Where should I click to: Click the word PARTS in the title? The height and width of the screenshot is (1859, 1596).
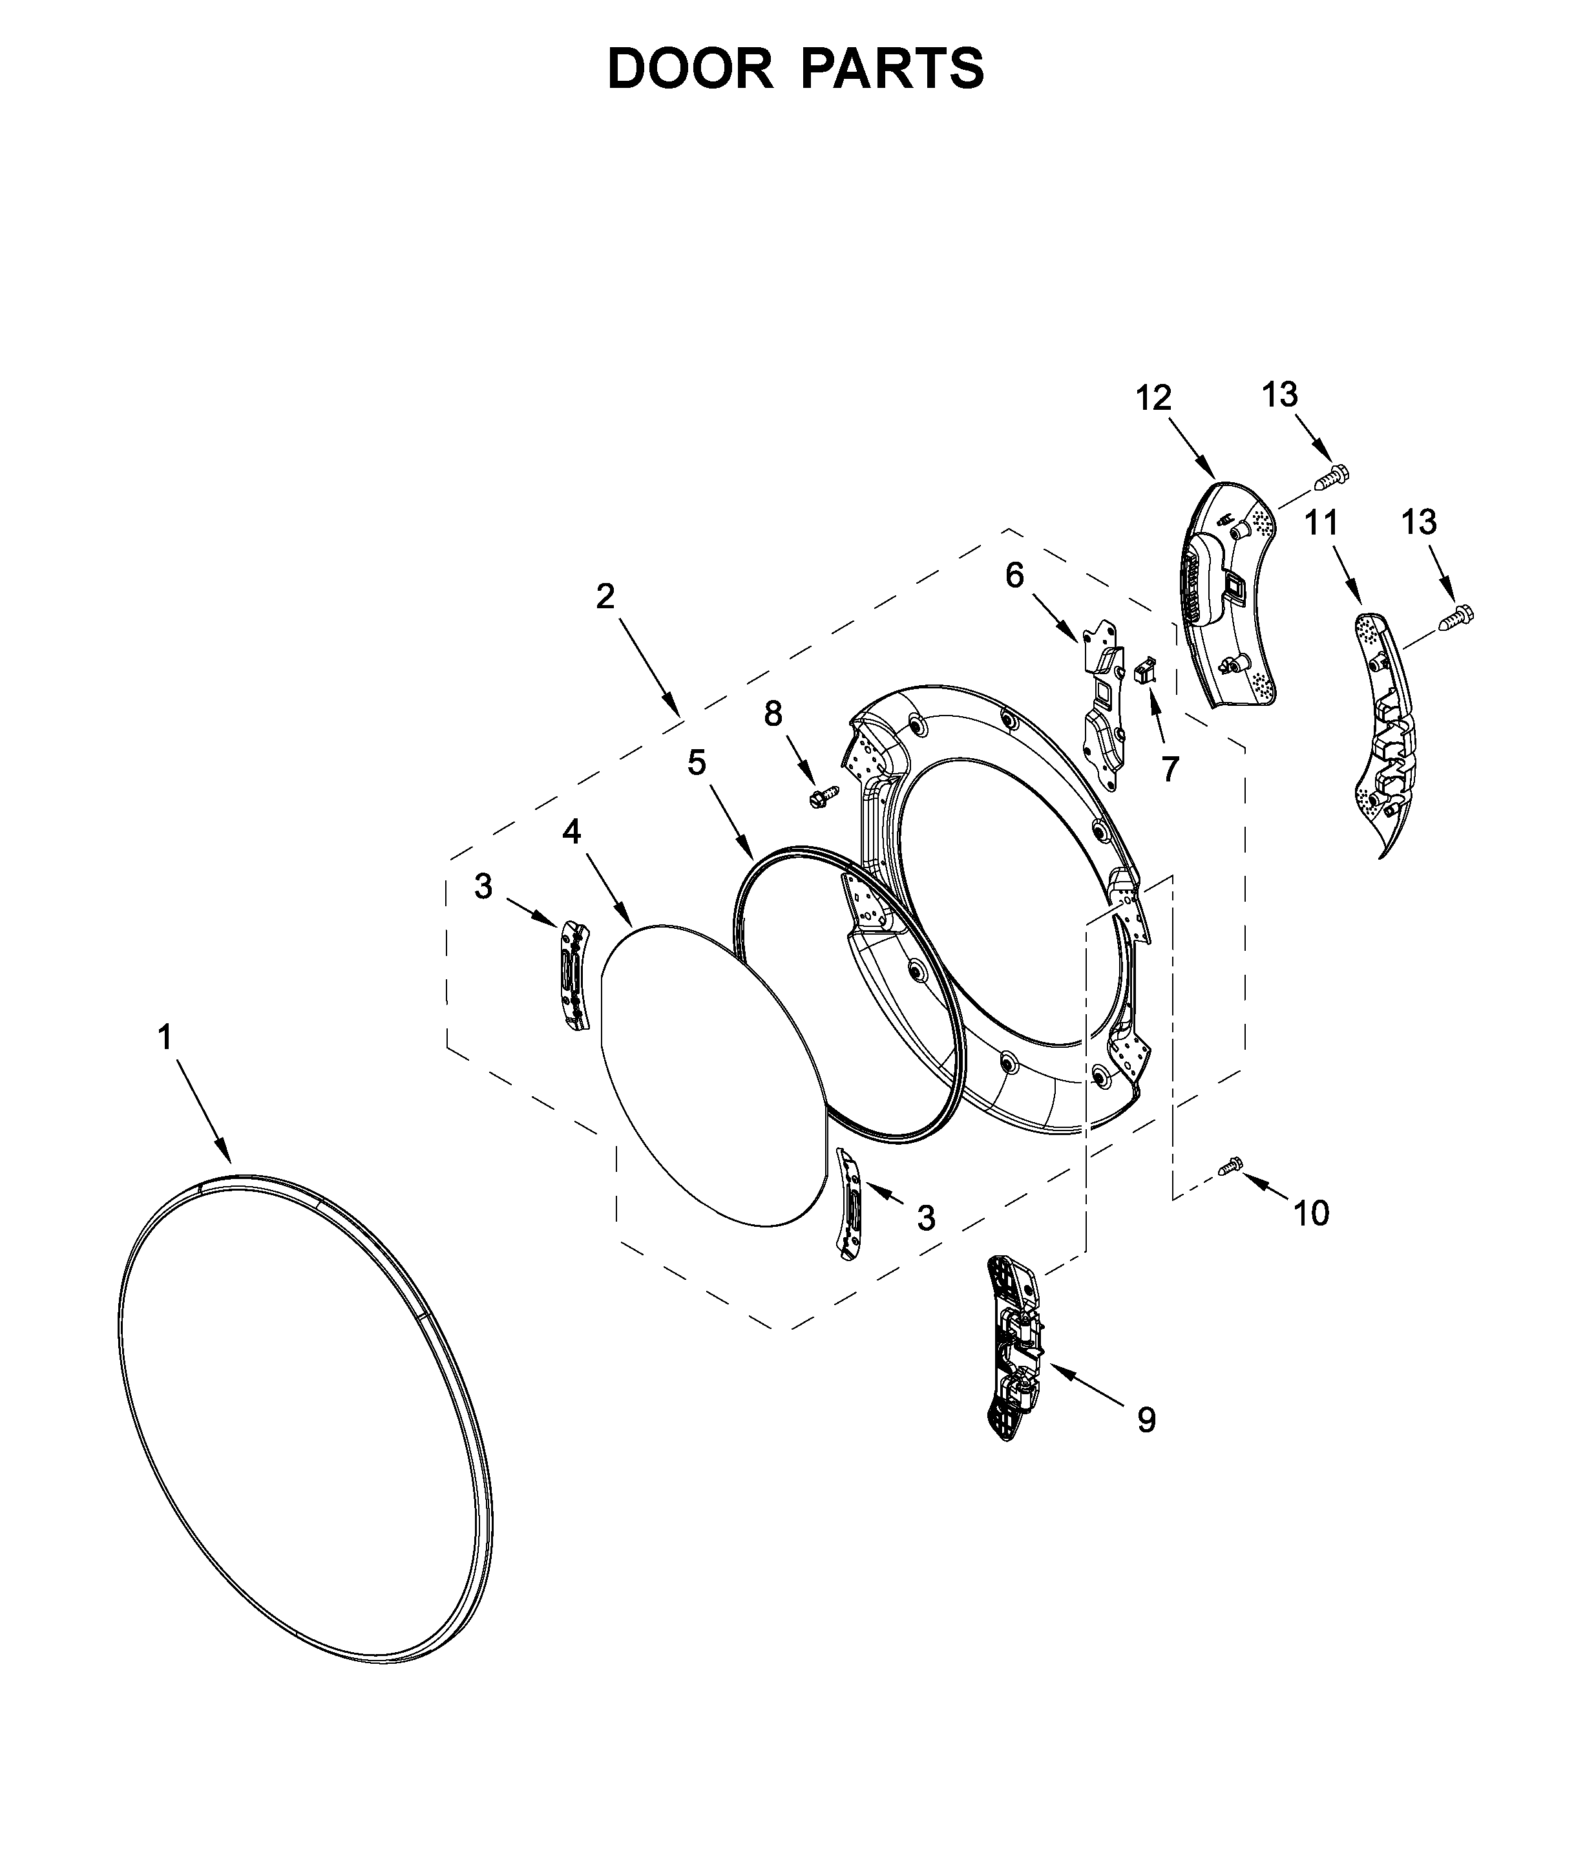pos(892,69)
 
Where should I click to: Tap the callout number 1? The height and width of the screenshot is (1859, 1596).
pos(165,1038)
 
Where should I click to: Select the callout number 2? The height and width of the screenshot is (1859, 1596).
pos(605,597)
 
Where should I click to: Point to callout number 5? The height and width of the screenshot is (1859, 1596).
pos(697,763)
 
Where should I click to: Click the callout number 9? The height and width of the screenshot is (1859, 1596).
pos(1146,1419)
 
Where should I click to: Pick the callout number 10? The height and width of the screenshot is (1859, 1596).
pos(1310,1213)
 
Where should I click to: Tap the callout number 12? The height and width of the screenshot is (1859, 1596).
pos(1154,398)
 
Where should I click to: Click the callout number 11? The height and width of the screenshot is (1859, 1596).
pos(1321,522)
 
